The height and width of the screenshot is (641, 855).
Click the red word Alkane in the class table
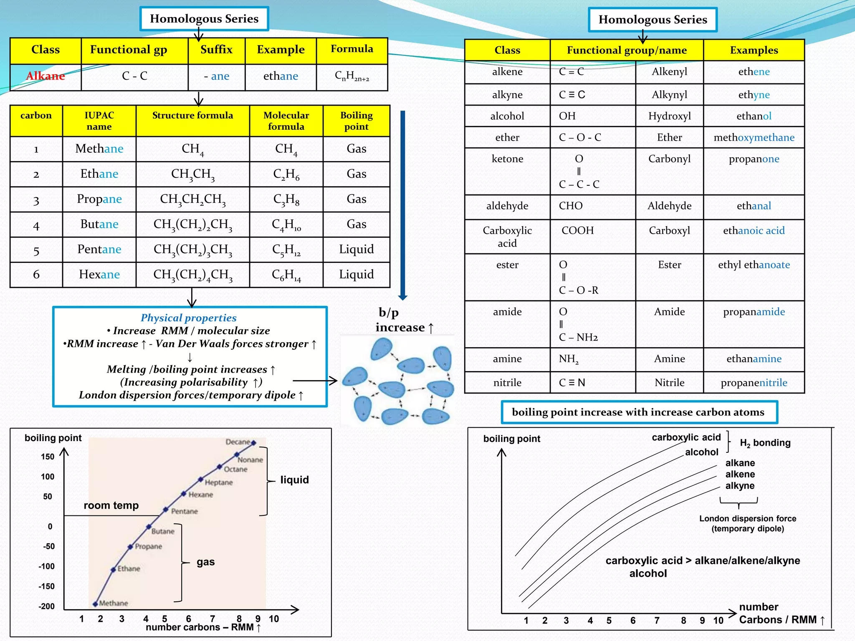(x=46, y=76)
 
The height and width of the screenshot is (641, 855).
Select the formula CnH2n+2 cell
(x=352, y=76)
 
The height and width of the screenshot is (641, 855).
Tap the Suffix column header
(x=216, y=50)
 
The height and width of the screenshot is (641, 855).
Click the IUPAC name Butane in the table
(x=99, y=224)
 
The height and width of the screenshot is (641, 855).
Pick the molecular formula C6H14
(x=286, y=275)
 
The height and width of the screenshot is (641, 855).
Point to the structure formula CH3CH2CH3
(x=193, y=199)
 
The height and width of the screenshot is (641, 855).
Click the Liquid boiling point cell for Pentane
(x=356, y=249)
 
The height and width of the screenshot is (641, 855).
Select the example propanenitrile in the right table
(x=754, y=383)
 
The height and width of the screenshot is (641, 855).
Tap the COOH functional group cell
(x=577, y=230)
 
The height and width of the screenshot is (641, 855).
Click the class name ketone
(x=507, y=159)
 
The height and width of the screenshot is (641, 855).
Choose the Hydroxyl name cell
(x=669, y=116)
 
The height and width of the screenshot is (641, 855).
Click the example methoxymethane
(x=754, y=138)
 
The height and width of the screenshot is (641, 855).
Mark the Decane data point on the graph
(x=253, y=443)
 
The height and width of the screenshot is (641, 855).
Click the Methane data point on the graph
(x=96, y=603)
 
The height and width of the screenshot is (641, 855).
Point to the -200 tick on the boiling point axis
(x=46, y=606)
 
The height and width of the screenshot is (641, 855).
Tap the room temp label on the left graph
(x=111, y=505)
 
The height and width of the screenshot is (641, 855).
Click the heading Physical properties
(x=188, y=318)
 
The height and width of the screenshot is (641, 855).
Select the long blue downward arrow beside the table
(x=402, y=204)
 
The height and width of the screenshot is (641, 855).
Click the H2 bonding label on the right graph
(x=765, y=443)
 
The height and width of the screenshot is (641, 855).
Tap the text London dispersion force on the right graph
(x=747, y=519)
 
